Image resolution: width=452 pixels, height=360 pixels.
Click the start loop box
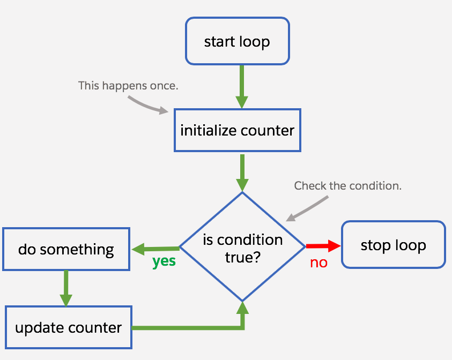pyautogui.click(x=237, y=42)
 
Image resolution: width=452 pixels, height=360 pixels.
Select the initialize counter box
pyautogui.click(x=237, y=130)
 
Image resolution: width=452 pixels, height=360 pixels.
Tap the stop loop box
pyautogui.click(x=393, y=245)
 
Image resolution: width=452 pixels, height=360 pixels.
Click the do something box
pyautogui.click(x=66, y=249)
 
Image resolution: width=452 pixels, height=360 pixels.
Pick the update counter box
pyautogui.click(x=68, y=327)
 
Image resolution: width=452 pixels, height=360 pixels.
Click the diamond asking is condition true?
pyautogui.click(x=242, y=247)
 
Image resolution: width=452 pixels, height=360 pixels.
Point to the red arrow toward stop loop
pyautogui.click(x=323, y=246)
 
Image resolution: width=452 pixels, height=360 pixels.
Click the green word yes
pyautogui.click(x=164, y=262)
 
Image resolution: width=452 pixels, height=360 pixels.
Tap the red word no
pyautogui.click(x=318, y=262)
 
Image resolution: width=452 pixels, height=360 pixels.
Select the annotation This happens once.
pyautogui.click(x=128, y=85)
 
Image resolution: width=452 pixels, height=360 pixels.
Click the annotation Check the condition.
pyautogui.click(x=348, y=186)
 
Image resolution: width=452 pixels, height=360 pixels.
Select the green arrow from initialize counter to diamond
pyautogui.click(x=242, y=172)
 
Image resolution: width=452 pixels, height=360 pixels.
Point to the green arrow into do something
pyautogui.click(x=155, y=249)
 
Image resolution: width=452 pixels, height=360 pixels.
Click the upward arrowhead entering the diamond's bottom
pyautogui.click(x=243, y=308)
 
